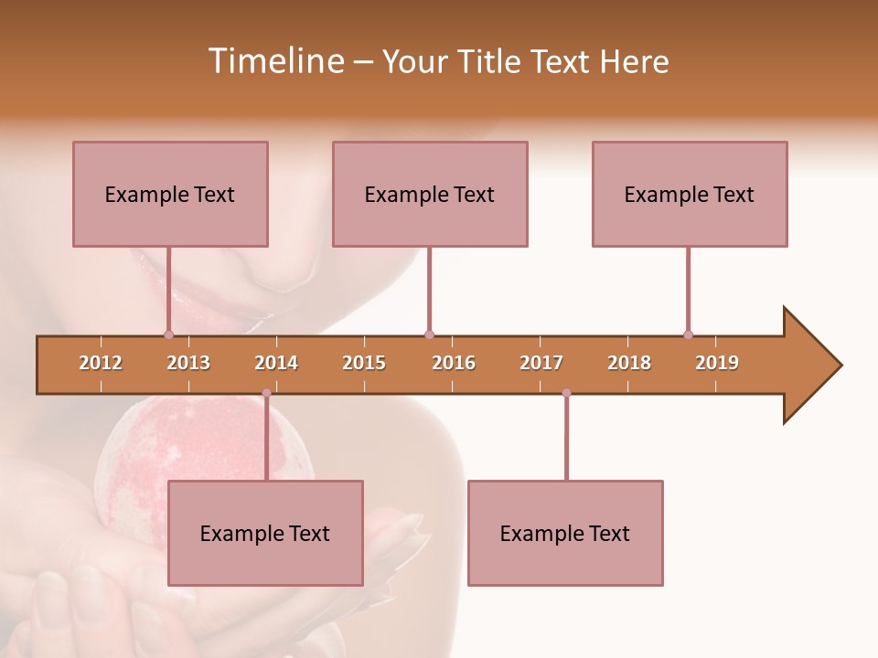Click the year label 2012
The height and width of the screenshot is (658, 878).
tap(101, 363)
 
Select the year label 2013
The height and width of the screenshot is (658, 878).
tap(188, 363)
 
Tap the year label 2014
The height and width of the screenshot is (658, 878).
tap(276, 363)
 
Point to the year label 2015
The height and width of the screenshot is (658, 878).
tap(364, 363)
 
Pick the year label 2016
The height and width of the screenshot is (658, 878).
tap(454, 363)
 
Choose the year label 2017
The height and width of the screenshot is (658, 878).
tap(541, 363)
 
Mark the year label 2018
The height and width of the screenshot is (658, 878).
tap(629, 363)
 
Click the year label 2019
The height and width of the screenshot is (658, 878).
tap(717, 363)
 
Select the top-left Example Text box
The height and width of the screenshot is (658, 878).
tap(170, 194)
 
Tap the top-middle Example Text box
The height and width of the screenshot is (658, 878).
tap(430, 194)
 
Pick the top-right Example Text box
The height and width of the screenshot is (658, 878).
tap(690, 194)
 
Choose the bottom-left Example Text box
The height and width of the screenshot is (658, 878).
tap(265, 533)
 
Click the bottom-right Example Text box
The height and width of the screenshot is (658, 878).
tap(565, 533)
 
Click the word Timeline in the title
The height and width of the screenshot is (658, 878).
tap(275, 61)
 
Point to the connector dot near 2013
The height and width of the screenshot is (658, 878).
tap(168, 334)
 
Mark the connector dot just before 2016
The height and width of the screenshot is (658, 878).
tap(429, 334)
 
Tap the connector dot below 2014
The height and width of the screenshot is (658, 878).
tap(266, 393)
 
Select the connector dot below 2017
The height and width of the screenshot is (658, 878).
tap(566, 393)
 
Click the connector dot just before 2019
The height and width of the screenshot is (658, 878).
tap(688, 334)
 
